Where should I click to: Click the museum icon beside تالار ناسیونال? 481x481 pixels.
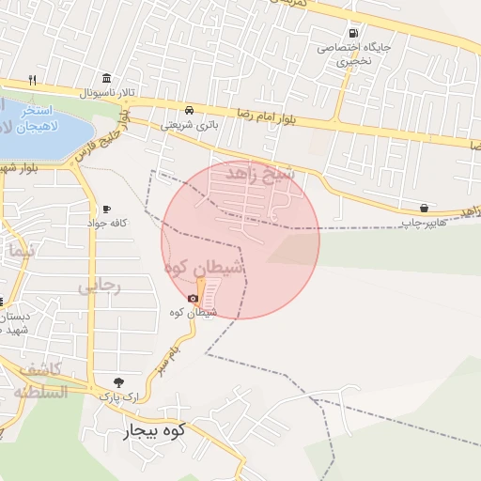[104, 77]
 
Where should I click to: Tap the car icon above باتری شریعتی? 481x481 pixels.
[190, 109]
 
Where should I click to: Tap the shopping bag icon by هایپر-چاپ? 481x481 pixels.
[425, 208]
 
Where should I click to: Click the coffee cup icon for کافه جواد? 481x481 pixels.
[106, 209]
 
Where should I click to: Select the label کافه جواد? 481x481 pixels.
[106, 224]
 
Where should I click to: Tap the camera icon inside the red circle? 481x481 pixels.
[193, 298]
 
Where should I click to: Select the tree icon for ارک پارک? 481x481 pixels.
[117, 381]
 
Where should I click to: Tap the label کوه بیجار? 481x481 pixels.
[156, 431]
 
